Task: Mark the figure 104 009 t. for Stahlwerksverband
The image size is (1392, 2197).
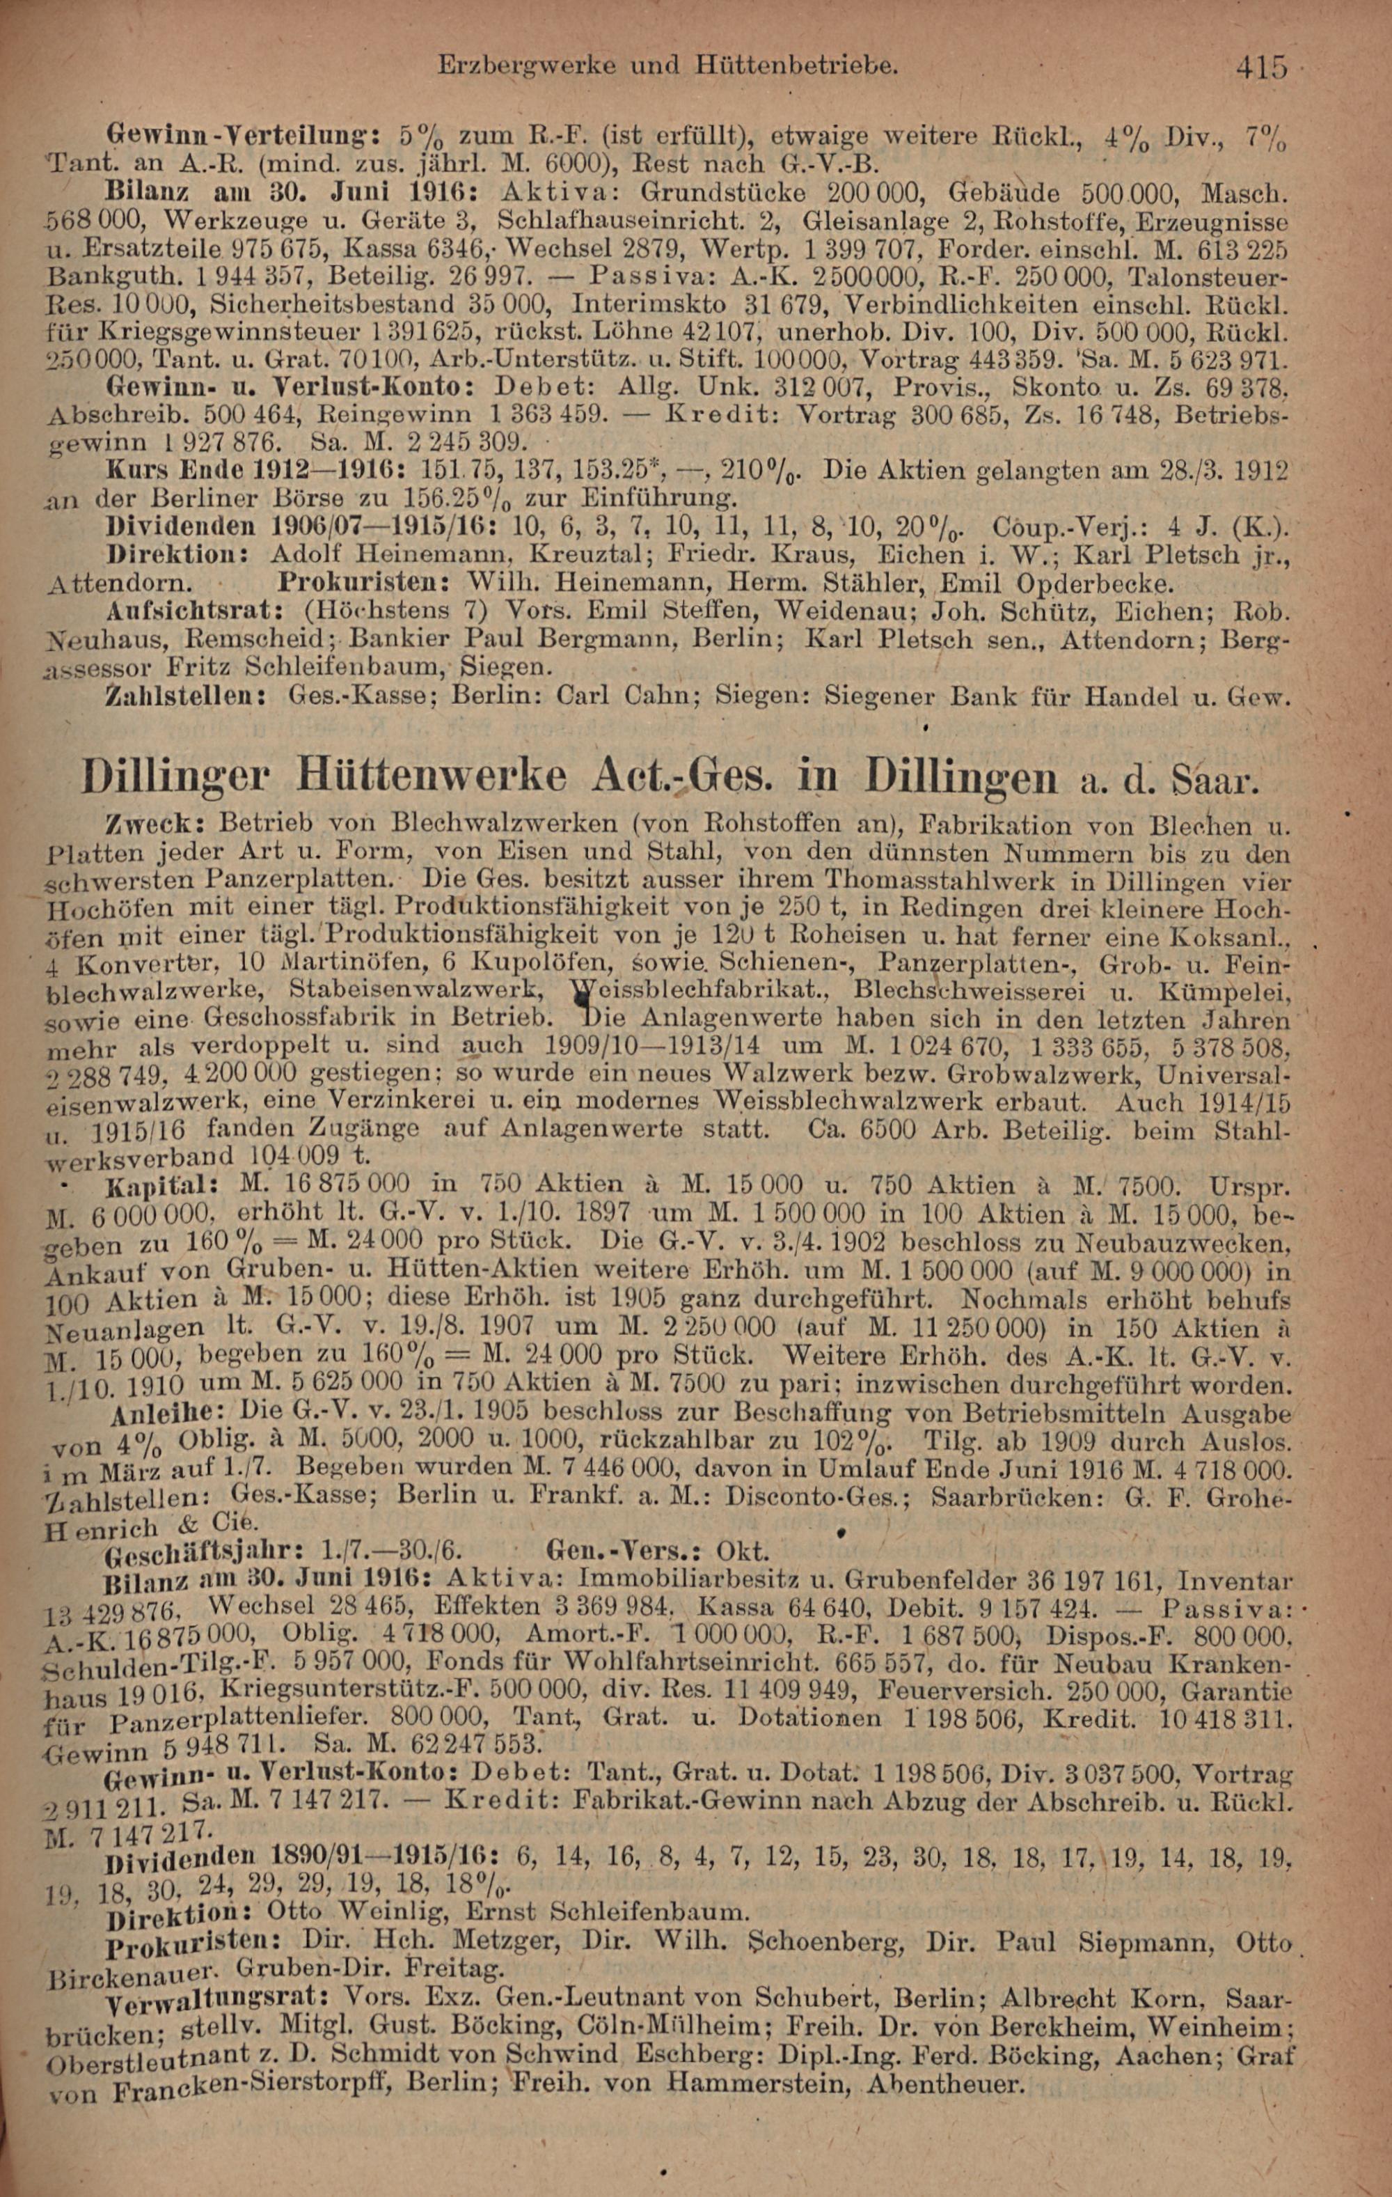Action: point(308,1156)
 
